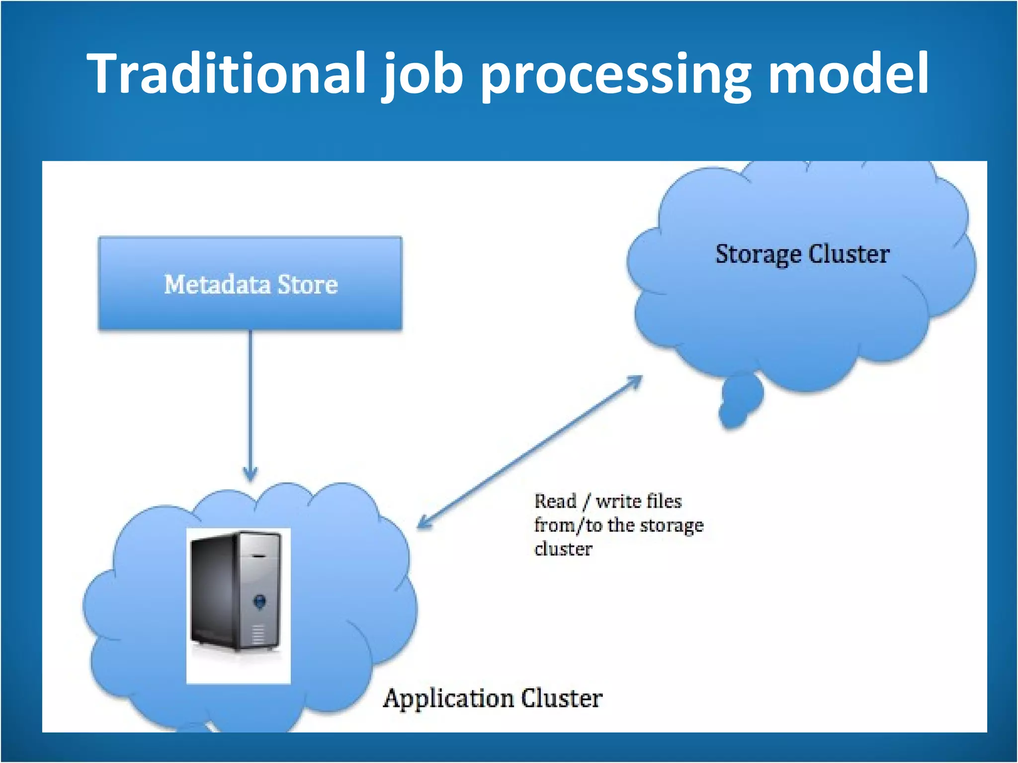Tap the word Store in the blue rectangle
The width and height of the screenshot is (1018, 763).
307,285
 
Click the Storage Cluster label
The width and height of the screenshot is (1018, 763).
802,254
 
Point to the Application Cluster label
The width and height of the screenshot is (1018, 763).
493,698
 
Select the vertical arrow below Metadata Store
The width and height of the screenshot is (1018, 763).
250,397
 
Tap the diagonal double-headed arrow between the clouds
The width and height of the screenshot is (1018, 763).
529,452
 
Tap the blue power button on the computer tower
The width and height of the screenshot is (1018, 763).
259,602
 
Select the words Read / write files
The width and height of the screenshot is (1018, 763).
607,501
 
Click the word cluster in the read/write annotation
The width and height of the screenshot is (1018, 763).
563,549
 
